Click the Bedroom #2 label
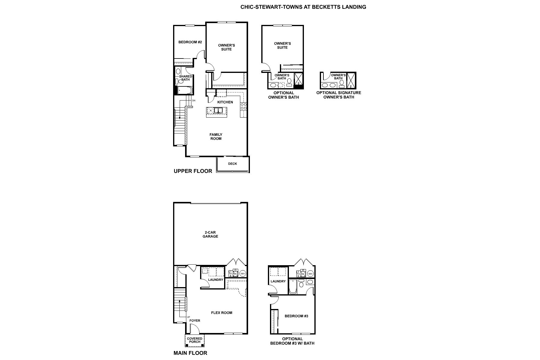(190, 42)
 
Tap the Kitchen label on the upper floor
(225, 102)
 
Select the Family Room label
(216, 137)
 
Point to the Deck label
(232, 164)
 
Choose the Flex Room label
(221, 313)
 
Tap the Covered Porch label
(194, 340)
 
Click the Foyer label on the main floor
(195, 321)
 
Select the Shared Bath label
(185, 78)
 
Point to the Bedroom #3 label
(296, 316)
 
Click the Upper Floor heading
(193, 171)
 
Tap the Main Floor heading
(190, 353)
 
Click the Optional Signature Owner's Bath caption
(338, 95)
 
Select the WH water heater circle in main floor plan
(242, 274)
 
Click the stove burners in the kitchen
(243, 106)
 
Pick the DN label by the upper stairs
(193, 100)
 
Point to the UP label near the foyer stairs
(188, 317)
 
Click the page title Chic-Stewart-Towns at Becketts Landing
(303, 7)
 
